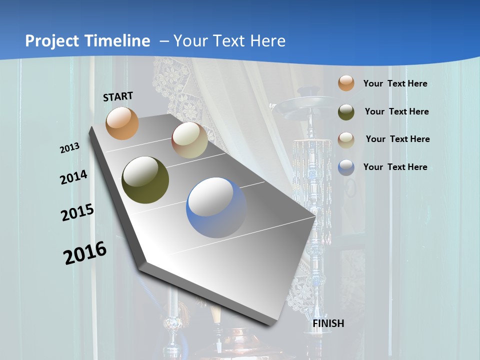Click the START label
pos(118,96)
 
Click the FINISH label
pos(328,323)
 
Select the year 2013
pos(69,148)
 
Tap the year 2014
pos(73,177)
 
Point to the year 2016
pos(85,253)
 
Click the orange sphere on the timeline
pos(122,123)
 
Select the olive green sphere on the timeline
pos(145,180)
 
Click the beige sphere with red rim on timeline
pos(189,140)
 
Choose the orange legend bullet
pos(346,83)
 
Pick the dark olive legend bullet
pos(346,111)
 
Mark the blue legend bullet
pos(346,167)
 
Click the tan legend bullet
pos(346,139)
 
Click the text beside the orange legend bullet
pos(395,83)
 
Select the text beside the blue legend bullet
pos(395,167)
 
